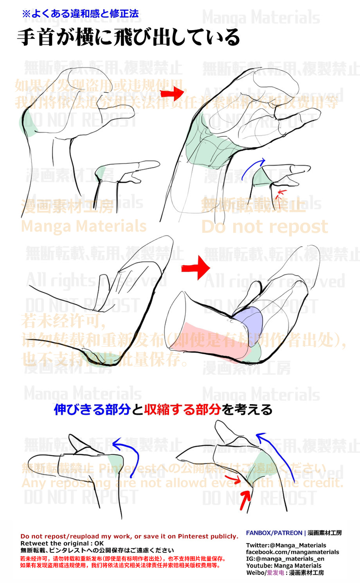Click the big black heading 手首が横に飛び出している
(129, 37)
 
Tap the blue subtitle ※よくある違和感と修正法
(81, 14)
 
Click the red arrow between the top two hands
(173, 92)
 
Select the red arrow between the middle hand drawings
(195, 267)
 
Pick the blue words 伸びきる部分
(92, 410)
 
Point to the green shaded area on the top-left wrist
(27, 124)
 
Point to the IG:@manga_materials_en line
(285, 559)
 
